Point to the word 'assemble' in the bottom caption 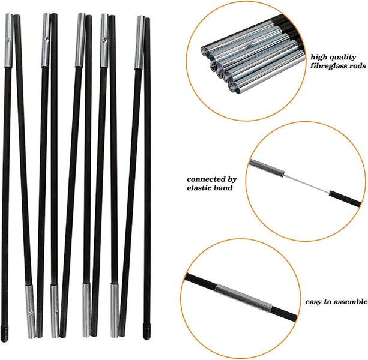coord(351,302)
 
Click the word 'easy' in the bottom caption coord(313,302)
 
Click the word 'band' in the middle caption coord(225,188)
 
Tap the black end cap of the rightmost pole coord(146,331)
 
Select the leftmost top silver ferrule coord(8,41)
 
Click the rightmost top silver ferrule coord(140,43)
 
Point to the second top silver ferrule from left coord(46,40)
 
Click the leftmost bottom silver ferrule coord(31,311)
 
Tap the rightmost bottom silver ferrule coord(115,311)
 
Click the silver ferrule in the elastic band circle coord(267,168)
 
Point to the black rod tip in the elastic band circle coord(345,199)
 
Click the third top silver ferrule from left coord(80,40)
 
